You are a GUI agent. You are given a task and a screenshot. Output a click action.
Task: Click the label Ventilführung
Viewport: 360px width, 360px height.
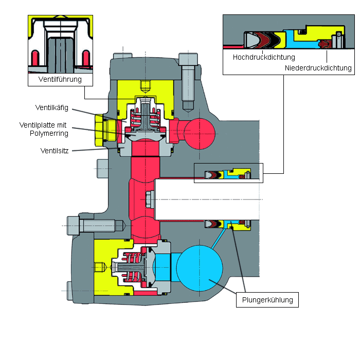click(60, 80)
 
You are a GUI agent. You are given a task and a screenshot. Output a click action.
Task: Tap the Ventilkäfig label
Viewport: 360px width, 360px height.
click(52, 107)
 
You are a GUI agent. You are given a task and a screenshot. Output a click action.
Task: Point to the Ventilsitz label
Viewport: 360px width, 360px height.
click(55, 151)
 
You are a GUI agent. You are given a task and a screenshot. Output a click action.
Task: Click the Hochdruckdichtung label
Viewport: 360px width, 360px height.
click(264, 57)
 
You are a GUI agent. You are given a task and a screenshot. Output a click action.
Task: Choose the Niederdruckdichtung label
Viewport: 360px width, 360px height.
click(318, 68)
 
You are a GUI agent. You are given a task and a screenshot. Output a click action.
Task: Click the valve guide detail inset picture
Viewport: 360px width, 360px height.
click(61, 45)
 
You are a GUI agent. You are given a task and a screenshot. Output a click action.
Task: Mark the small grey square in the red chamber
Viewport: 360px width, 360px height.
click(149, 198)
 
